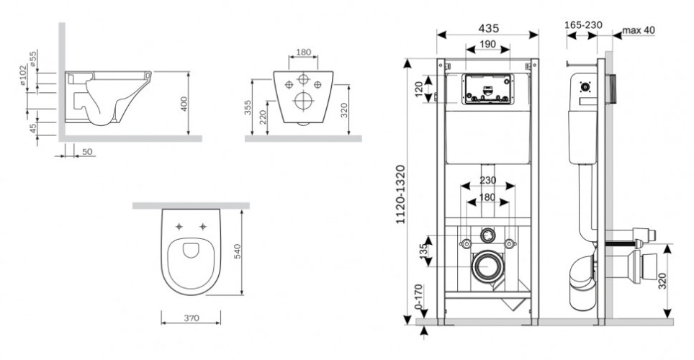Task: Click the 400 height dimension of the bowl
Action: [184, 104]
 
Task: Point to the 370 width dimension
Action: [189, 318]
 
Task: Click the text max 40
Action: [639, 30]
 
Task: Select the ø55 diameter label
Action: [34, 58]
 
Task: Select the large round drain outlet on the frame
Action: [488, 266]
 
